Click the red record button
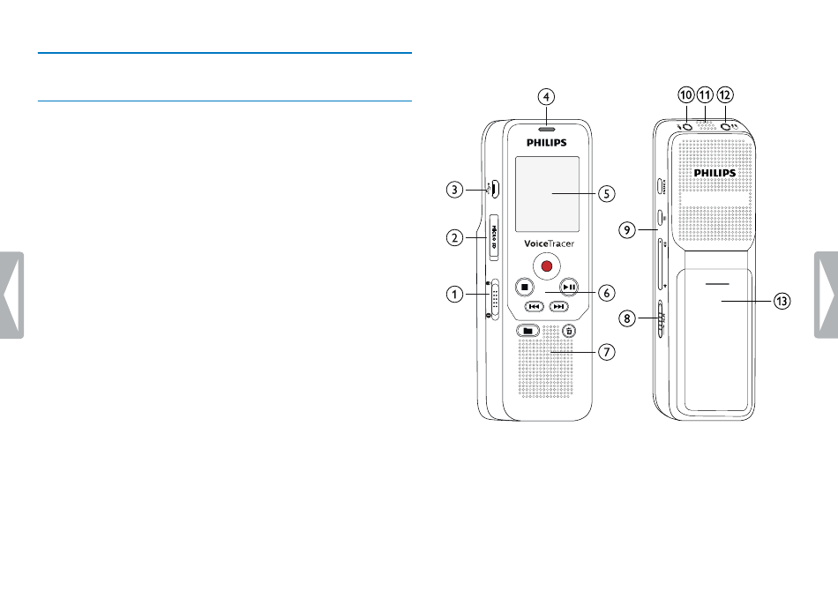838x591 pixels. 546,266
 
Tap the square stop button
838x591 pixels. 524,287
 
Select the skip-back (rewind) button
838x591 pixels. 534,306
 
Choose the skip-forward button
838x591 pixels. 558,306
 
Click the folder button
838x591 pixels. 528,331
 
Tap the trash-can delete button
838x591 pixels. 569,331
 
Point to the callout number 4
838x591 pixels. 546,97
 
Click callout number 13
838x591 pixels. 782,301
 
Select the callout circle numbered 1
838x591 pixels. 455,294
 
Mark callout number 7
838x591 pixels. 606,352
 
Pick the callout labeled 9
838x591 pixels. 627,230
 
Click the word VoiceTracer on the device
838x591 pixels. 549,243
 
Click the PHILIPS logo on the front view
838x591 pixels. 546,143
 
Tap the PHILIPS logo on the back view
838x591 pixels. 715,173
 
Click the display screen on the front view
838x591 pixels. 547,194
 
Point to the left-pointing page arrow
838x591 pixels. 11,295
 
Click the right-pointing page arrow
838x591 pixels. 827,295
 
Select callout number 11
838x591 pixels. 706,95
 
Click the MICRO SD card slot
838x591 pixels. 494,238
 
